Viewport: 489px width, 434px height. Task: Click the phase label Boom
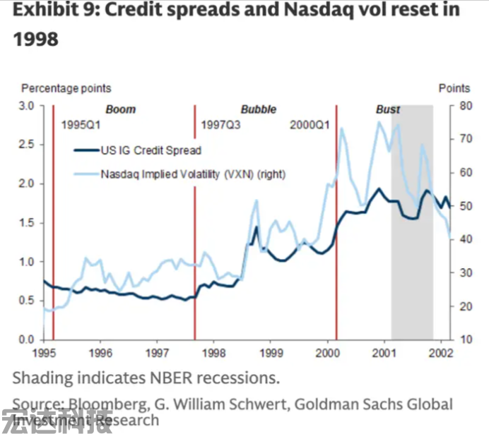[x=120, y=109]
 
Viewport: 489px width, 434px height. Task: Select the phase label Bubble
[x=258, y=109]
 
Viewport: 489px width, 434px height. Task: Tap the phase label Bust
[x=388, y=109]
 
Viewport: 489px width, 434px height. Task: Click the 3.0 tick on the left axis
[x=26, y=106]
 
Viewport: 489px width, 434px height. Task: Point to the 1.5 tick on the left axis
[x=26, y=223]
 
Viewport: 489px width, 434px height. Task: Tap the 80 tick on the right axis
[x=464, y=106]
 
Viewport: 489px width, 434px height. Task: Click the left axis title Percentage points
[x=66, y=88]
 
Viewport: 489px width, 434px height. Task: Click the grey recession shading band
[x=412, y=282]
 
